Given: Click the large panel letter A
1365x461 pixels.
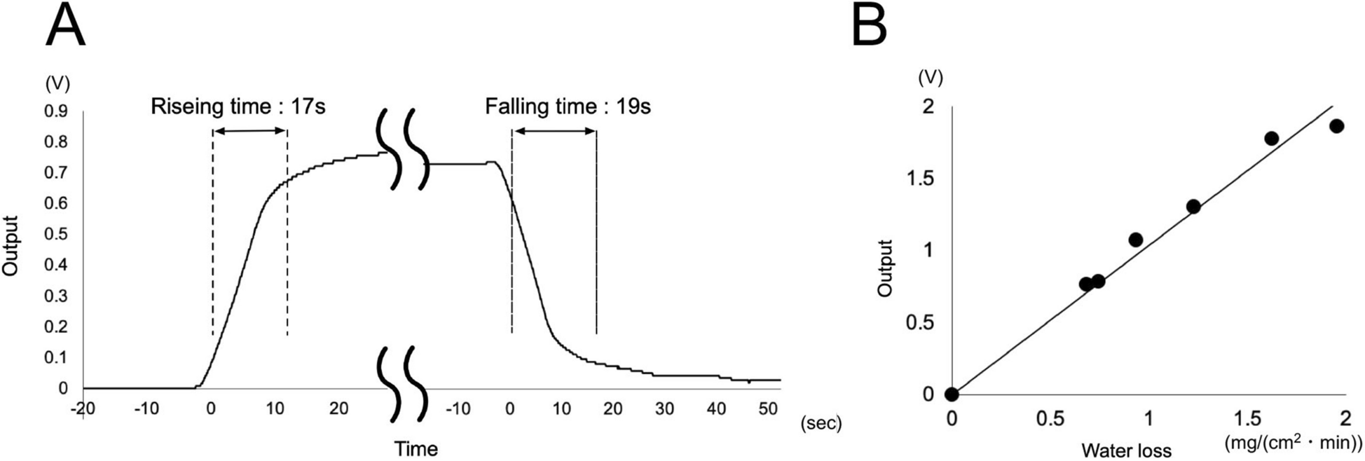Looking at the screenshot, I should click(65, 26).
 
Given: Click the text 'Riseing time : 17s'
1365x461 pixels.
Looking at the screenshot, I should click(238, 107).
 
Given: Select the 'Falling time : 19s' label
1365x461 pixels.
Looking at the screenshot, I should click(568, 107).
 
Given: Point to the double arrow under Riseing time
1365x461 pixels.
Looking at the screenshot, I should click(249, 130).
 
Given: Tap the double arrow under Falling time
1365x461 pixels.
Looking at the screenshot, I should click(554, 130).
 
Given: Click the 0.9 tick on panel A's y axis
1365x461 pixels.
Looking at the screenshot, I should click(57, 110).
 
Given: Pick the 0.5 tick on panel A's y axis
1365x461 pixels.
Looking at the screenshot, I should click(57, 234).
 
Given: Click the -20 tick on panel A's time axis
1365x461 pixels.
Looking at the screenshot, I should click(83, 408).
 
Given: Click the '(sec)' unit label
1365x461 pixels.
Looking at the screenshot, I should click(820, 424).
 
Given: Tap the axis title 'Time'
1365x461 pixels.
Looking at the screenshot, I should click(416, 448).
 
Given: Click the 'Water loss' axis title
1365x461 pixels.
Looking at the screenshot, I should click(1126, 450).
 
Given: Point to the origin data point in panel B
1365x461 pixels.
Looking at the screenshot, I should click(951, 394).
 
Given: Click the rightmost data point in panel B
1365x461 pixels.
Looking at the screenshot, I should click(1336, 126).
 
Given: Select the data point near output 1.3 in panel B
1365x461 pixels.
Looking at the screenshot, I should click(1193, 207).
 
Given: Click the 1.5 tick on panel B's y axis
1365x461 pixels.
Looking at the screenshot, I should click(919, 179).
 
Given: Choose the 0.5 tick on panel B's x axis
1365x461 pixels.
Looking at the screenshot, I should click(1049, 419).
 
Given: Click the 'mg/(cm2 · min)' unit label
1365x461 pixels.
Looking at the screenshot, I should click(1294, 442).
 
